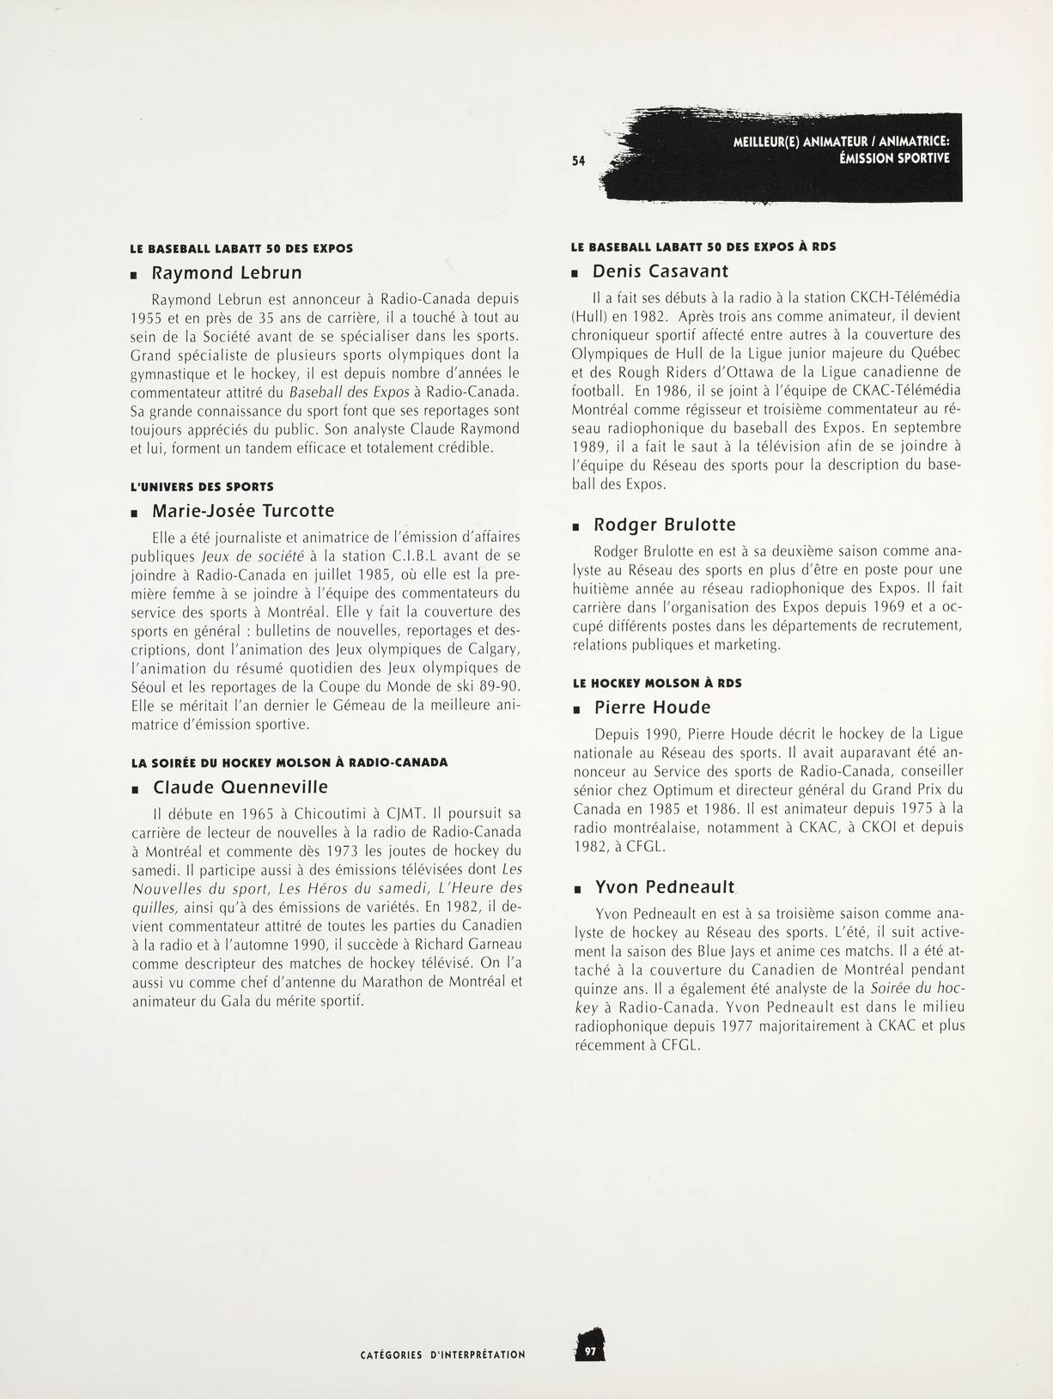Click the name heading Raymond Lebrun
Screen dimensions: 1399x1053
pyautogui.click(x=227, y=273)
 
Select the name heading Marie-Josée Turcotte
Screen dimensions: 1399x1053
pyautogui.click(x=243, y=511)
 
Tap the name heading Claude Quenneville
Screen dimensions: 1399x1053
pyautogui.click(x=240, y=787)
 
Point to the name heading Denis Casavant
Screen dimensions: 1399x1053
pyautogui.click(x=660, y=271)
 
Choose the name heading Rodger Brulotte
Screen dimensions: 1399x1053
pyautogui.click(x=665, y=525)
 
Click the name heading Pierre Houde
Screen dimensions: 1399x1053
pyautogui.click(x=653, y=708)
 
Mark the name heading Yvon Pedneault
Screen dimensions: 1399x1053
pyautogui.click(x=665, y=887)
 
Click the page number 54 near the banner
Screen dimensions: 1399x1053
pyautogui.click(x=578, y=161)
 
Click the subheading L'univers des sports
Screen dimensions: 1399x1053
pyautogui.click(x=202, y=486)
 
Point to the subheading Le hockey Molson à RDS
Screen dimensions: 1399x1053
pyautogui.click(x=656, y=683)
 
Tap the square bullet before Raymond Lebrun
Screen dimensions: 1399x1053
pyautogui.click(x=134, y=276)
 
